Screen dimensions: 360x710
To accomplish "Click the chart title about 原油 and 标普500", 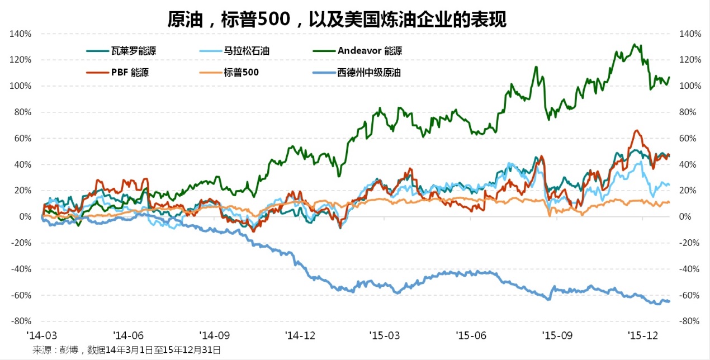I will point(337,20).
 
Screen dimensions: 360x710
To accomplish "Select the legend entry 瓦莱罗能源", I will point(133,51).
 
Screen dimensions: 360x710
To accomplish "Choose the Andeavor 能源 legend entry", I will point(369,51).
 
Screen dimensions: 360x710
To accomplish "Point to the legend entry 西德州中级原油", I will point(369,72).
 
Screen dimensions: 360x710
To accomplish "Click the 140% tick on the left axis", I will point(21,34).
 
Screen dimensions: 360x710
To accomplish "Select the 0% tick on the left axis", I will point(25,217).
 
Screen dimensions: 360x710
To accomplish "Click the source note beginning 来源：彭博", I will point(126,350).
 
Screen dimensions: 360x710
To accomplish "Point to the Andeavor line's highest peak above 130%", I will point(633,44).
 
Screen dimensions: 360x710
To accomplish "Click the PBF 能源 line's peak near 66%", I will point(637,130).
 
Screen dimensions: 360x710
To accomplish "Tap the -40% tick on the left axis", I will point(21,269).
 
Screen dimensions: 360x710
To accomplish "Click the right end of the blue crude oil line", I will point(669,302).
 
